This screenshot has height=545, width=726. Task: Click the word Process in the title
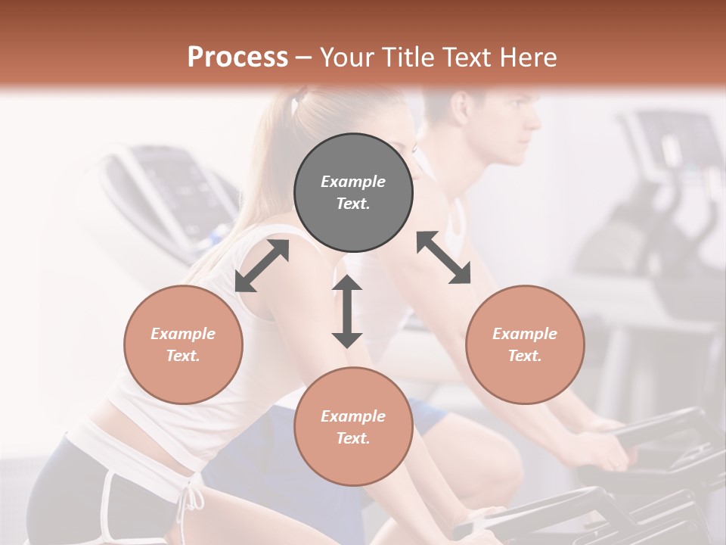pos(237,57)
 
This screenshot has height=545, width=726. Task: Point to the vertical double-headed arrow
pos(347,311)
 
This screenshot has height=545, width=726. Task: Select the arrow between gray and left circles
pos(262,266)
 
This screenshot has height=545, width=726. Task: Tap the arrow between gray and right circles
pos(444,257)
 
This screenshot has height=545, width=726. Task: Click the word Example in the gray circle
pos(353,182)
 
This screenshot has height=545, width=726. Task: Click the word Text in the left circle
pos(183,356)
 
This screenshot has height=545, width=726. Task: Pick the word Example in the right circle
pos(525,334)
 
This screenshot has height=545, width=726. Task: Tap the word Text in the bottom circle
pos(353,438)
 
